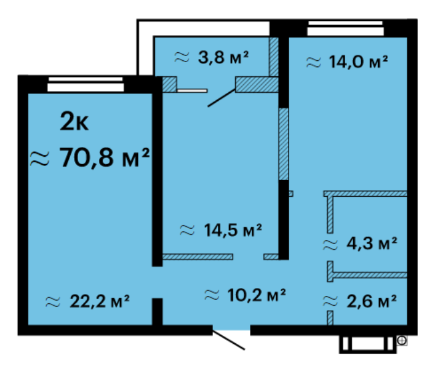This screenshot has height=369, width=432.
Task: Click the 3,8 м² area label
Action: pos(212,57)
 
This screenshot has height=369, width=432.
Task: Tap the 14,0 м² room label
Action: pos(347,61)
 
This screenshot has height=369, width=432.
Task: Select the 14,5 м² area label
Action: pos(220,230)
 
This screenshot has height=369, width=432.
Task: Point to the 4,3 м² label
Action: pos(360,244)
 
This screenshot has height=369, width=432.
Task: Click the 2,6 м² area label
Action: pos(360,301)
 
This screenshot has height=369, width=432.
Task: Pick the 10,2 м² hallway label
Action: pos(245,295)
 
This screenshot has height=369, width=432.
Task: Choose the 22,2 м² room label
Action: pos(87,301)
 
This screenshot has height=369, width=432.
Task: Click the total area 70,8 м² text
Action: pos(90,157)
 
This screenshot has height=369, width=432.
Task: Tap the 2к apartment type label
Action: pos(74,121)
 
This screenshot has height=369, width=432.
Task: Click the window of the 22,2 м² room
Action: pos(86,84)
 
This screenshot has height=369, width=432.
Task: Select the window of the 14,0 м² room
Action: pos(345,28)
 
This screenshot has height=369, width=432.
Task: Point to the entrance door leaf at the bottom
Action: pos(229,340)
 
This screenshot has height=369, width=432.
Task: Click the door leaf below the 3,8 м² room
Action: pos(222,98)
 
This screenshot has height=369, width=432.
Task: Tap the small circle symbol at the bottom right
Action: pos(402,341)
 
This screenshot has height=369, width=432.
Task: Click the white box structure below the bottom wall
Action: pos(367,344)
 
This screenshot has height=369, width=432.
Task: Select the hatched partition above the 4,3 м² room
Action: pos(366,194)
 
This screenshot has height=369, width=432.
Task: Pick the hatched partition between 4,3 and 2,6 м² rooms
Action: pos(367,275)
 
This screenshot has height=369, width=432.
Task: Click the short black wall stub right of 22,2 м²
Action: pos(158,312)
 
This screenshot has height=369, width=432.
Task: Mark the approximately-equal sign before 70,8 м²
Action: pos(39,159)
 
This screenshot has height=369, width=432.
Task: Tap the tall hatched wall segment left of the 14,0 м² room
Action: pos(284,144)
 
